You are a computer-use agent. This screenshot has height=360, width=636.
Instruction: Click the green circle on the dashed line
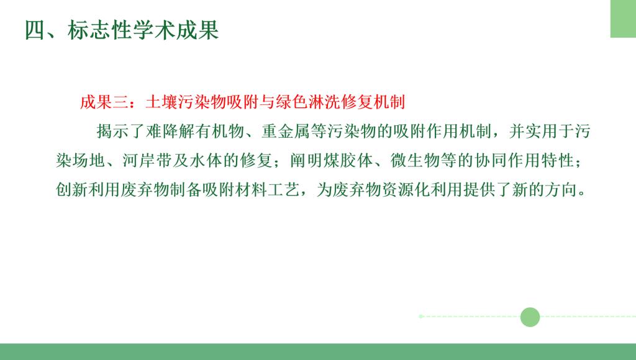[530, 317]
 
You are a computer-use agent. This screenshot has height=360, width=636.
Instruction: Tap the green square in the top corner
[623, 19]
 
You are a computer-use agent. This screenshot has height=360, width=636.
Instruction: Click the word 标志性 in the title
[99, 30]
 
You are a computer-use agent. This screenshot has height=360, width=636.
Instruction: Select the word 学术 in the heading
[154, 30]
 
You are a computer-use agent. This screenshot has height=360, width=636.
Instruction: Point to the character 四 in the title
[35, 30]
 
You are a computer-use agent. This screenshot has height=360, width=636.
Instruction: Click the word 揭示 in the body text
[113, 132]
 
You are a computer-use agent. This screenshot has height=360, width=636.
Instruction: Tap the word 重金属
[286, 132]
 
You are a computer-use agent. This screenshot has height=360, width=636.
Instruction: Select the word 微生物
[415, 161]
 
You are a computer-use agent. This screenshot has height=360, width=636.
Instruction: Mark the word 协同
[491, 161]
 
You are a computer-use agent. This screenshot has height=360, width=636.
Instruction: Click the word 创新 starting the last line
[72, 190]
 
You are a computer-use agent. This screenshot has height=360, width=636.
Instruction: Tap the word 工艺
[283, 190]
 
